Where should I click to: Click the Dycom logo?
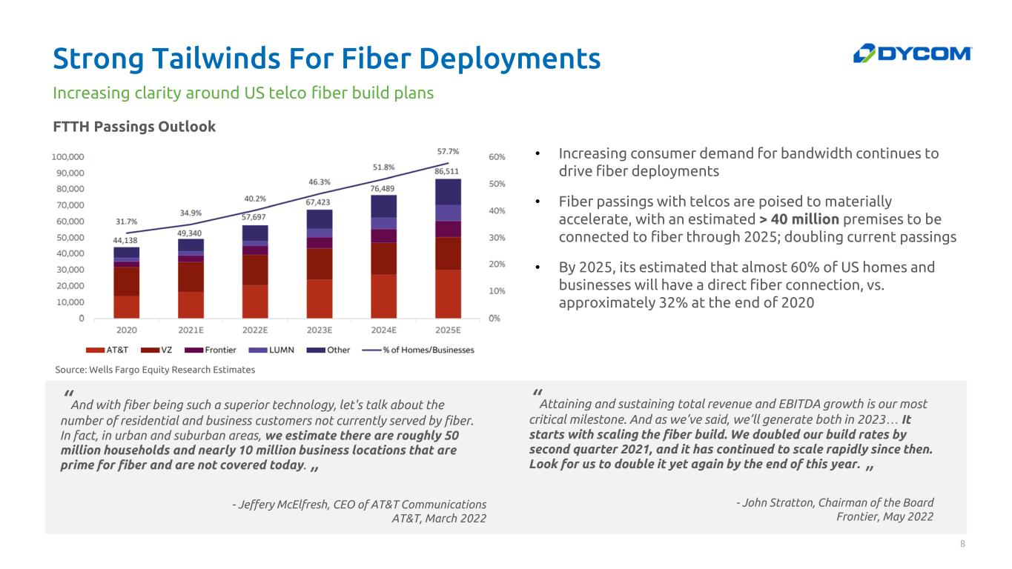point(913,53)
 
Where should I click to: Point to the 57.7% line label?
point(447,151)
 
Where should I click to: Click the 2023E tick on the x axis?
point(319,330)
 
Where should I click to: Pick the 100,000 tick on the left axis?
point(67,157)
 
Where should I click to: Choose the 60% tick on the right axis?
point(497,157)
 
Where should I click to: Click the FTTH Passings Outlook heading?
point(134,127)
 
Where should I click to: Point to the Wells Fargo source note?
point(155,369)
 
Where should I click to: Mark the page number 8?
point(962,545)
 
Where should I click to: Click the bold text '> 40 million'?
point(799,219)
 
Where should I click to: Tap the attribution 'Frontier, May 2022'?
point(884,516)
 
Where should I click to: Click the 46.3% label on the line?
point(319,182)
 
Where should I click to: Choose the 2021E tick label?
point(191,330)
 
